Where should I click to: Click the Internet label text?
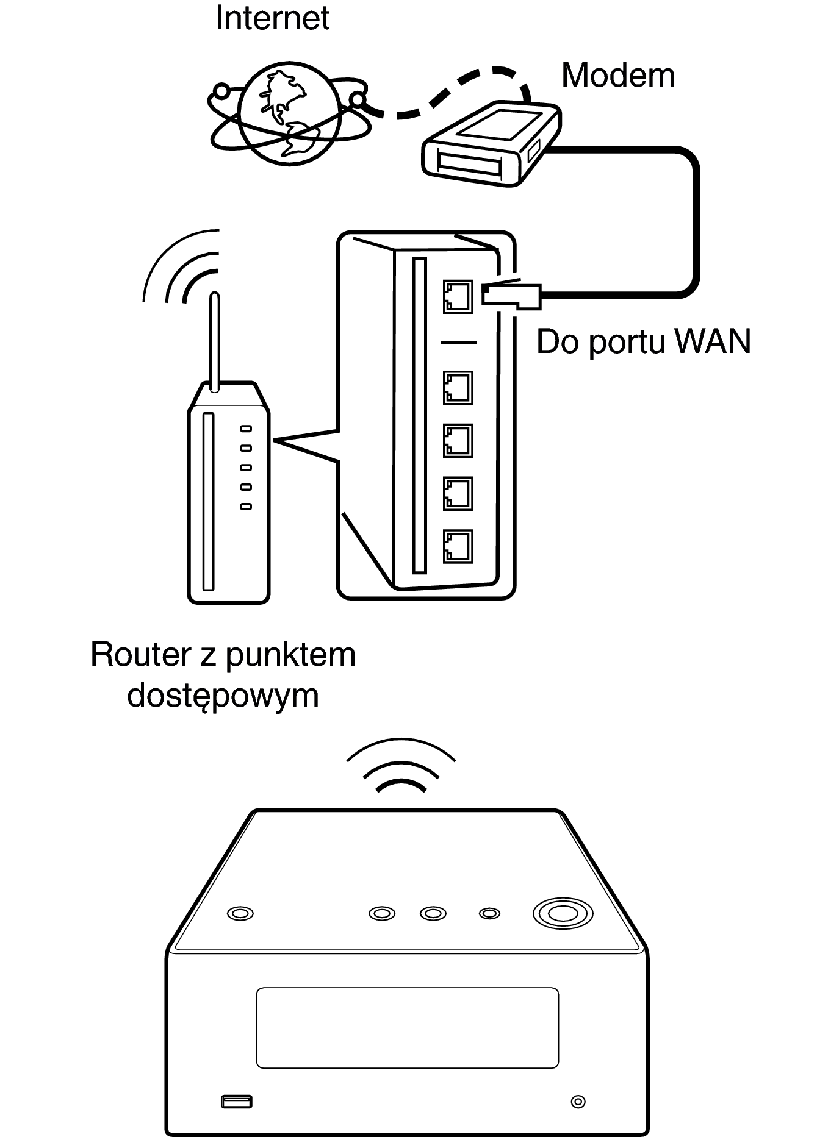coord(272,18)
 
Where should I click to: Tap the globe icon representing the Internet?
coord(289,113)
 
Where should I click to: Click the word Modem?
coord(617,76)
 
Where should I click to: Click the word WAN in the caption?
coord(713,341)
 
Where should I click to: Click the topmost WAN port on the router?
coord(458,296)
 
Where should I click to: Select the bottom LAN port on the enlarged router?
coord(458,546)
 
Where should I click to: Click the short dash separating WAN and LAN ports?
coord(458,343)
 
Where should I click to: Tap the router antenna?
coord(214,341)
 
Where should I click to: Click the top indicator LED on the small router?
coord(246,429)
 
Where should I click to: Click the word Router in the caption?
coord(140,655)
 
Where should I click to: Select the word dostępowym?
coord(223,696)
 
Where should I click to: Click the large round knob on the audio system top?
coord(563,913)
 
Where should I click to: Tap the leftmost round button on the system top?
coord(240,913)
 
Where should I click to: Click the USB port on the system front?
coord(236,1102)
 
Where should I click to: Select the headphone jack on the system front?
coord(577,1102)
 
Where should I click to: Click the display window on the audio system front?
coord(407,1027)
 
